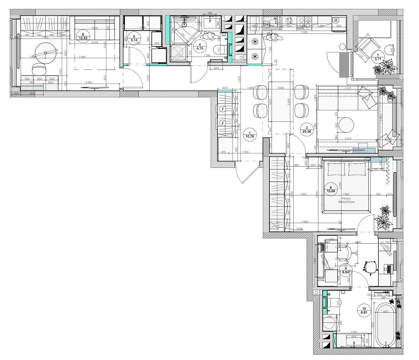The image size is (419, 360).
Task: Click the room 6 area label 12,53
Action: tap(85, 37)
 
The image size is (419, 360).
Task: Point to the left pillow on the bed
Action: tap(336, 169)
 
